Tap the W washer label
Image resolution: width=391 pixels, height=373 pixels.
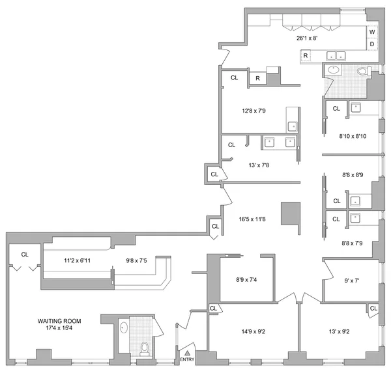point(372,32)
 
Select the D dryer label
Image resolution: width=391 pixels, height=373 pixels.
point(372,44)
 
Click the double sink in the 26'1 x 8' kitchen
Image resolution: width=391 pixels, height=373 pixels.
point(336,55)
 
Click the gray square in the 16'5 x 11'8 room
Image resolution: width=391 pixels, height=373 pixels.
point(291,214)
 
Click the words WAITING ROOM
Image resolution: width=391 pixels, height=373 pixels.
point(59,321)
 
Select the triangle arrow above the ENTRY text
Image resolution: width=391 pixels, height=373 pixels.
point(187,352)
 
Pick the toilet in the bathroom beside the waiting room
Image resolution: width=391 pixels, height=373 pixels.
point(145,350)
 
